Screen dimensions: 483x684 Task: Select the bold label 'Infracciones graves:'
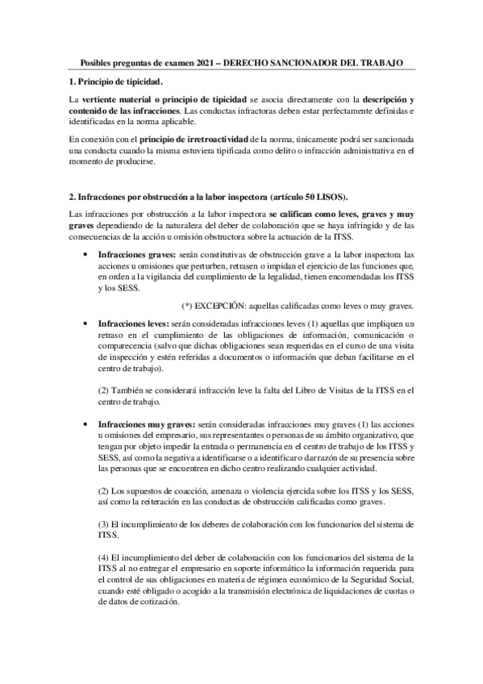click(x=133, y=253)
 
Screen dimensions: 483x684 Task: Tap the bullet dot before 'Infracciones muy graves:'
click(x=86, y=423)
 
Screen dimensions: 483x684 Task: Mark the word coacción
click(x=177, y=490)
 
